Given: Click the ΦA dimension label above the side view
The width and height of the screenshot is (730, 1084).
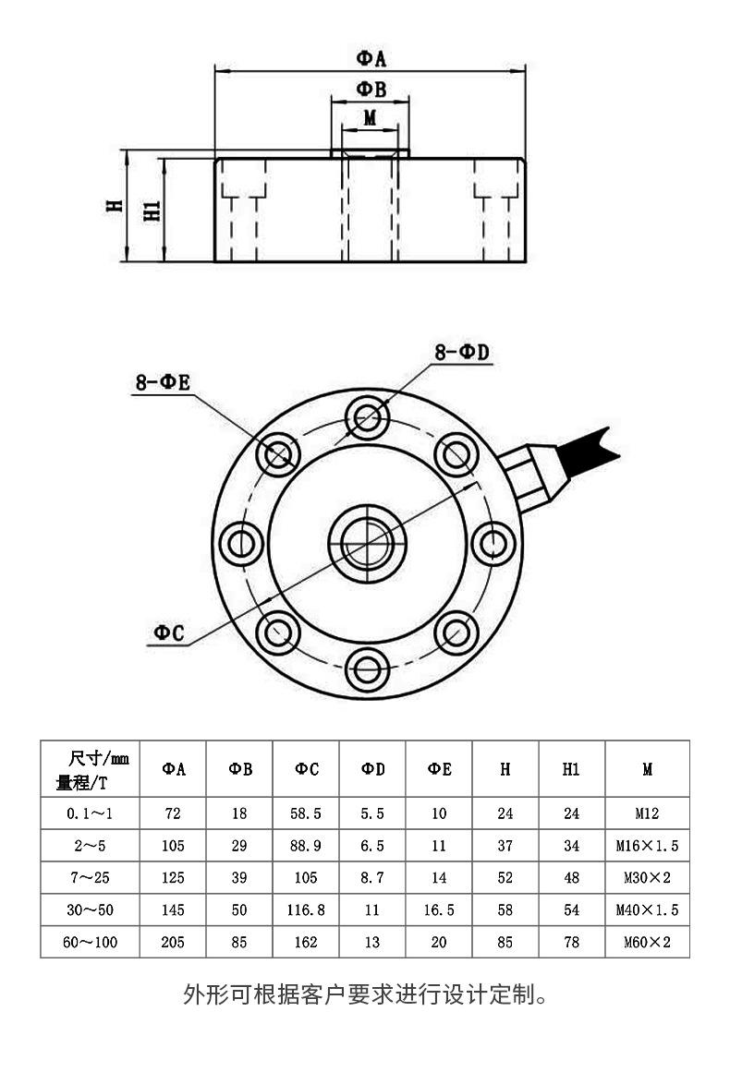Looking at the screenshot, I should point(371,58).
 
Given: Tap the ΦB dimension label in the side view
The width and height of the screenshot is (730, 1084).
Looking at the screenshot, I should point(371,90).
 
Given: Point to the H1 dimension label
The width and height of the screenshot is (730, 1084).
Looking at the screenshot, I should point(153,211).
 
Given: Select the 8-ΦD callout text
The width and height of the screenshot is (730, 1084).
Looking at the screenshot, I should point(461,352).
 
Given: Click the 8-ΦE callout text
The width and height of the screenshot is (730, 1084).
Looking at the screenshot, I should point(163,382).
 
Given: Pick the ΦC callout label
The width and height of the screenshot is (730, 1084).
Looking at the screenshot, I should point(169,632).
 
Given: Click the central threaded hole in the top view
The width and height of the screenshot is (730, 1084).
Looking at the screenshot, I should point(367,542).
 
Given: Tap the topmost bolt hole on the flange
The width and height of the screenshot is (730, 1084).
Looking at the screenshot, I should point(367,416).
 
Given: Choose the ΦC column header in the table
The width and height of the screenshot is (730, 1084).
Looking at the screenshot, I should point(307,769).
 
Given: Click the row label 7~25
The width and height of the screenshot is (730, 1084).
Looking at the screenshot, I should point(90,877).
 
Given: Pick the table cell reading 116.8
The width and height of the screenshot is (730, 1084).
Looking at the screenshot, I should point(307,909).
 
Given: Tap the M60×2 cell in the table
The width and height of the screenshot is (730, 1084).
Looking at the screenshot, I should point(647,942).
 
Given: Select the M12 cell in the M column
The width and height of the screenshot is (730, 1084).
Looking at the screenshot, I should point(647,813).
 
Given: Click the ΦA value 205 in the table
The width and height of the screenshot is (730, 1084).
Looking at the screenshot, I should point(173,942).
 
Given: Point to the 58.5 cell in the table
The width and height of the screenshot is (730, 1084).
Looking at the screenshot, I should point(307,813).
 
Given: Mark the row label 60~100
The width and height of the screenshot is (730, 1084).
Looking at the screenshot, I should point(90,942).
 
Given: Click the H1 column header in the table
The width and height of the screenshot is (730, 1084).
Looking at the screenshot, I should point(571,769).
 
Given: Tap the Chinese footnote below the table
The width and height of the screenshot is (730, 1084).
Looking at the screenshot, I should point(368,995).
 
